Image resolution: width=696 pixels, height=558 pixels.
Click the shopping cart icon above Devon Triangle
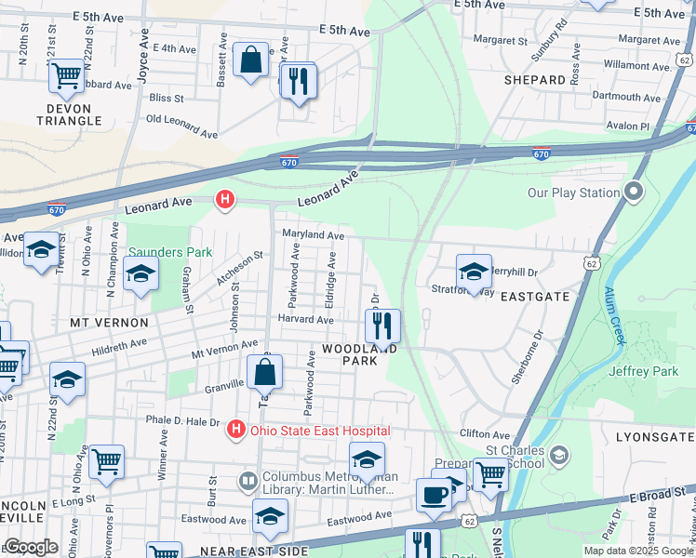pyautogui.click(x=67, y=75)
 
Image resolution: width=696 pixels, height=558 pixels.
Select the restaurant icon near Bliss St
pyautogui.click(x=298, y=81)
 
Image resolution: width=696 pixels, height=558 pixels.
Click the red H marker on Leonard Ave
pyautogui.click(x=223, y=198)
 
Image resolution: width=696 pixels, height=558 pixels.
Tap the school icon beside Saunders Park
pyautogui.click(x=141, y=273)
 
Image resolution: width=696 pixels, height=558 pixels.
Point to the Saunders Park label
pyautogui.click(x=170, y=252)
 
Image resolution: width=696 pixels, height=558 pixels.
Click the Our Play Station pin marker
pyautogui.click(x=635, y=193)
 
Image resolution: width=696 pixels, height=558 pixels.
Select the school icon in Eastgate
pyautogui.click(x=474, y=272)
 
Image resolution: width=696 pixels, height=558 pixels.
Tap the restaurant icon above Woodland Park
pyautogui.click(x=381, y=326)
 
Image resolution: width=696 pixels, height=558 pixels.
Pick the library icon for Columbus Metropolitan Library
pyautogui.click(x=248, y=481)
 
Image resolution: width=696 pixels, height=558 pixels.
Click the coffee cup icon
pyautogui.click(x=433, y=494)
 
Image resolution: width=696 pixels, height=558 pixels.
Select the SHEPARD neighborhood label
pyautogui.click(x=535, y=80)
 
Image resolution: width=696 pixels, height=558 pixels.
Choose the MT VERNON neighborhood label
pyautogui.click(x=109, y=323)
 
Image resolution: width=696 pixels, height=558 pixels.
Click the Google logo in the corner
pyautogui.click(x=30, y=547)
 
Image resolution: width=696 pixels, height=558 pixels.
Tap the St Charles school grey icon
pyautogui.click(x=558, y=455)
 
